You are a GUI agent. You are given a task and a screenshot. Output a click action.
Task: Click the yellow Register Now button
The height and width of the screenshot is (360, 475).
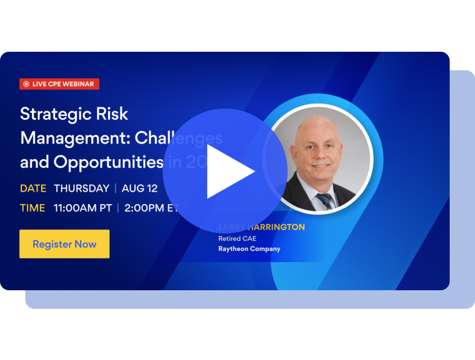[x=64, y=244]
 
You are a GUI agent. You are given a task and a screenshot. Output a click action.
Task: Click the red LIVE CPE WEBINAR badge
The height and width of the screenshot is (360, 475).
[x=60, y=84]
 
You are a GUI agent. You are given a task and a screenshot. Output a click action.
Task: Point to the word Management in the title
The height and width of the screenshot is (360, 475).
[x=73, y=138]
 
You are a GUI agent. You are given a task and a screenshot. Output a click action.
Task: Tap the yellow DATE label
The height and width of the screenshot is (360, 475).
[x=33, y=188]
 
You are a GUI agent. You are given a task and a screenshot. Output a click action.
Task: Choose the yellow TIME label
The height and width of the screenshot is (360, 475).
[x=32, y=208]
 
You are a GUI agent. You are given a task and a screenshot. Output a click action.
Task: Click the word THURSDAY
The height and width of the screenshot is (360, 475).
[x=82, y=188]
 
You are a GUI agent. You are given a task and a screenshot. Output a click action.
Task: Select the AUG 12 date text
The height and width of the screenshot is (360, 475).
[x=140, y=188]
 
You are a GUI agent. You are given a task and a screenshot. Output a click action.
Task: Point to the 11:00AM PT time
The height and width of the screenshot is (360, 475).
[x=83, y=208]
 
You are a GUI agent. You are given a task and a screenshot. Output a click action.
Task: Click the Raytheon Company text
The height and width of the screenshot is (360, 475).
[x=249, y=249]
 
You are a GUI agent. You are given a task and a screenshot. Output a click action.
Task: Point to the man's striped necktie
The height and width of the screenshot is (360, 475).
[x=325, y=200]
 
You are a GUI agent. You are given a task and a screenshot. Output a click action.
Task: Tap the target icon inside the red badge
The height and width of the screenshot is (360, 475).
[x=26, y=84]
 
